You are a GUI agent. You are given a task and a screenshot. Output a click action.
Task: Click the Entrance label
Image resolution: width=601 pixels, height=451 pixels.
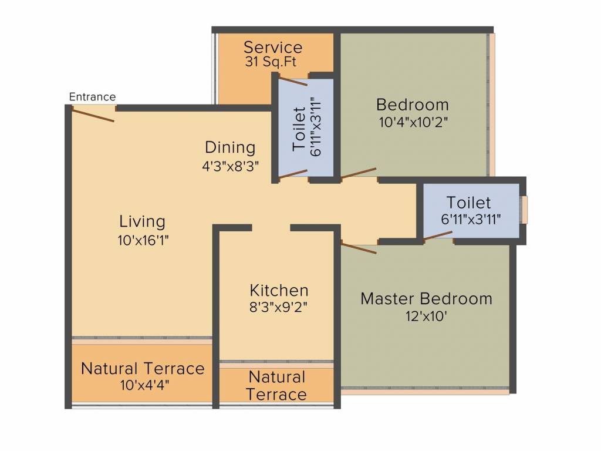[x=92, y=97]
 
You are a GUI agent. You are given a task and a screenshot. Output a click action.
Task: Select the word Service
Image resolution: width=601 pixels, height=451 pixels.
[x=273, y=48]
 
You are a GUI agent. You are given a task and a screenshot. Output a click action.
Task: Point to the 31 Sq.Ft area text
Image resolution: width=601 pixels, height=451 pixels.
[x=271, y=62]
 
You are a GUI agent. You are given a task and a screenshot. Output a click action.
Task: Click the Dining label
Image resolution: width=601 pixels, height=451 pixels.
[x=230, y=147]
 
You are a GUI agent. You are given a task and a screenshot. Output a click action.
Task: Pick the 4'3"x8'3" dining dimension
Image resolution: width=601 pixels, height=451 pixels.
[x=230, y=166]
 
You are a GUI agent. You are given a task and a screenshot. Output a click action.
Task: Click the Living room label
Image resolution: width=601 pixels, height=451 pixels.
[x=142, y=221]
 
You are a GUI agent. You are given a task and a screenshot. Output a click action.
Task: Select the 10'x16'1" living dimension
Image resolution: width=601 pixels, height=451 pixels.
[x=143, y=240]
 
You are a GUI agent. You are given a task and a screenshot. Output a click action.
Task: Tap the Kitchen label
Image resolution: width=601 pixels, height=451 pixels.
[x=279, y=290]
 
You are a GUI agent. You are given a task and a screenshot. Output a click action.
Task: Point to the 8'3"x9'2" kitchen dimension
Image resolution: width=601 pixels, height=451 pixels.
[x=279, y=308]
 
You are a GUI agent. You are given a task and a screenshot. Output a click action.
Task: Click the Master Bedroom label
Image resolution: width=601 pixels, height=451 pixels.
[x=426, y=299]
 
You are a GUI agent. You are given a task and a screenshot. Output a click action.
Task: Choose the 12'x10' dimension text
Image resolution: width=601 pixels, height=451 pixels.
[x=426, y=317]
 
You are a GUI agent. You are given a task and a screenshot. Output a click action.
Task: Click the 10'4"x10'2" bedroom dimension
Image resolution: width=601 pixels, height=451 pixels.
[x=413, y=123]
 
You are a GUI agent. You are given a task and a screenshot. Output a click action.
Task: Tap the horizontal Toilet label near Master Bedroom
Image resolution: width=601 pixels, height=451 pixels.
[x=468, y=203]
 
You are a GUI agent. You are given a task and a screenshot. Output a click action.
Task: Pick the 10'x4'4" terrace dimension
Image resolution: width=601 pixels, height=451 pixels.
[x=144, y=385]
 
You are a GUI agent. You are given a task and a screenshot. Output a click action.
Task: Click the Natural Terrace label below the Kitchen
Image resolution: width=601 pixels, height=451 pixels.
[x=277, y=385]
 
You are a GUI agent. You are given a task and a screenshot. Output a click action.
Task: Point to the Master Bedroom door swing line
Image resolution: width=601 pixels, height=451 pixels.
[x=359, y=248]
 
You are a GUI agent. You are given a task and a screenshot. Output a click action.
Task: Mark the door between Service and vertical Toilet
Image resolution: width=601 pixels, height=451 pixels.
[x=293, y=81]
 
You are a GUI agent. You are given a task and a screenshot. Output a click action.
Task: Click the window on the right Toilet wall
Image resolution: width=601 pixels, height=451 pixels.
[x=524, y=210]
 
